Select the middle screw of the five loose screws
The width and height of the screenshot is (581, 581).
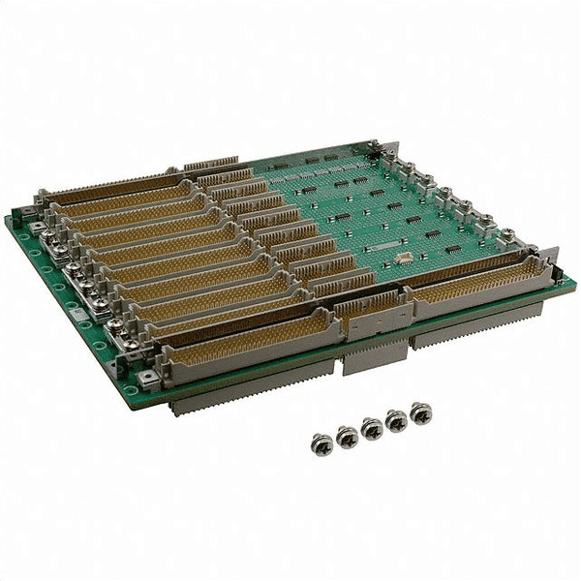pyautogui.click(x=371, y=427)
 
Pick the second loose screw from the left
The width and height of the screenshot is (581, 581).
pyautogui.click(x=347, y=435)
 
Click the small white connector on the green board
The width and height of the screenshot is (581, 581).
pyautogui.click(x=401, y=259)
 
